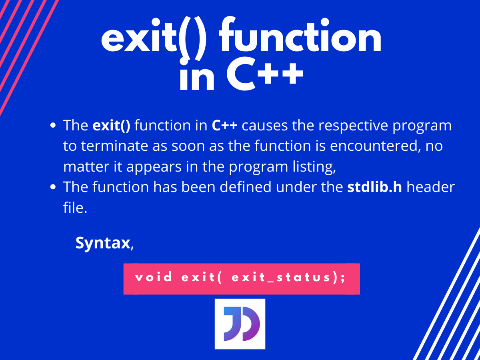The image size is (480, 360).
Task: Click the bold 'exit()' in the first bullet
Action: (111, 126)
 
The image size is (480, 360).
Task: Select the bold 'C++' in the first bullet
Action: (224, 126)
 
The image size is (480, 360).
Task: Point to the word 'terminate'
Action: (114, 146)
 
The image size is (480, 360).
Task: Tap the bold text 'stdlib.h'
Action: (374, 187)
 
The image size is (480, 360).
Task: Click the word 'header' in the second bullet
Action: (430, 187)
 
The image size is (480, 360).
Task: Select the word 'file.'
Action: (75, 207)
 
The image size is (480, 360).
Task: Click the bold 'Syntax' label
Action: (103, 243)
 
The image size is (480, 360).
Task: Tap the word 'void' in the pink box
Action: (154, 277)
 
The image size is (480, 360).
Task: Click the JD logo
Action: (240, 324)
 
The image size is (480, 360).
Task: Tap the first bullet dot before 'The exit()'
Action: (53, 125)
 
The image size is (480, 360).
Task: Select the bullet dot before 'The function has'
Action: (53, 187)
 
